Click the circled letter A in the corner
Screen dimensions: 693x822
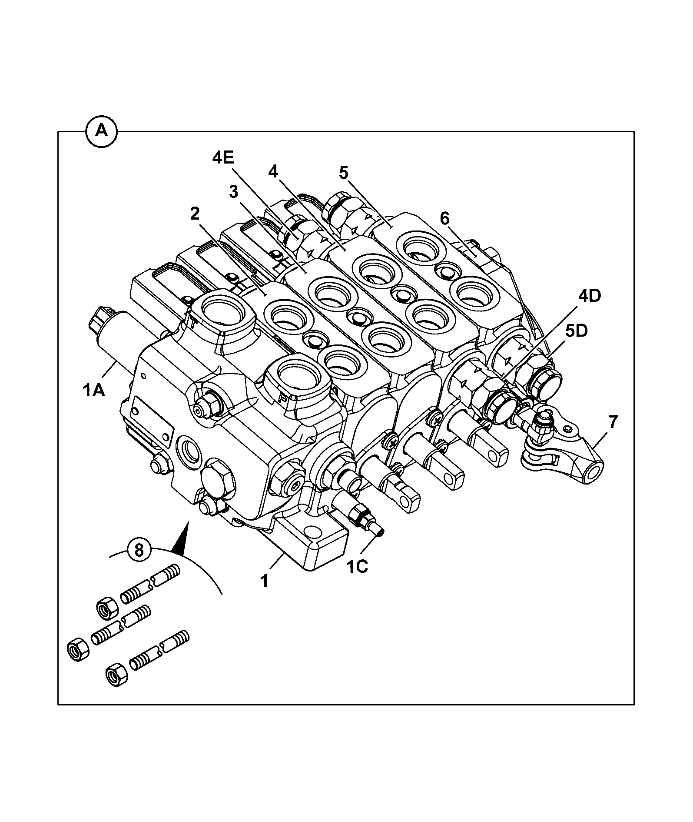tap(102, 130)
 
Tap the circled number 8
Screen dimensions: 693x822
tap(139, 551)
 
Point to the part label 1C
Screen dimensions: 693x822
tap(357, 567)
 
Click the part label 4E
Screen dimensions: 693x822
tap(223, 158)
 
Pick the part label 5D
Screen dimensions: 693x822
tap(577, 331)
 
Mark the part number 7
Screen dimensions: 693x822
tap(613, 421)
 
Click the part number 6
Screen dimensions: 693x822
tap(444, 218)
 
